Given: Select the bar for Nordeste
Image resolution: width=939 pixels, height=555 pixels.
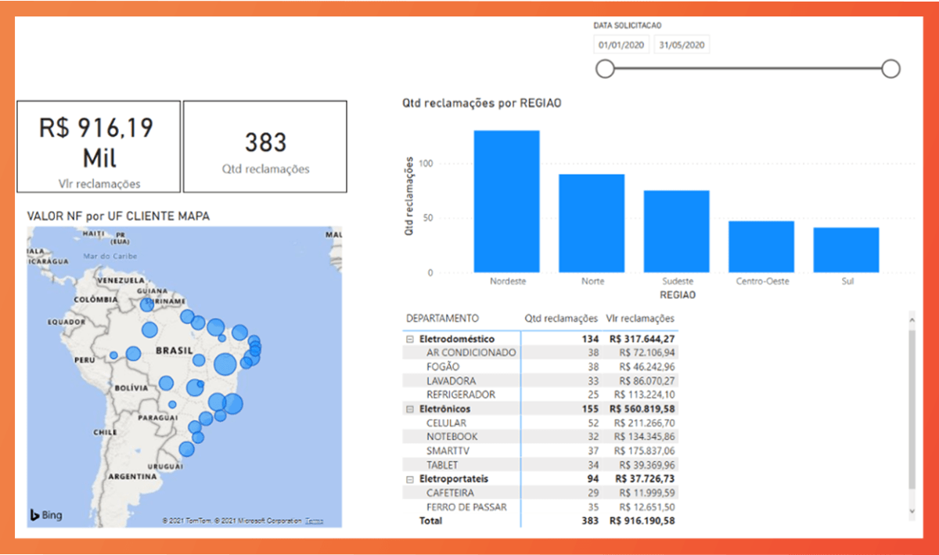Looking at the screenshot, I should tap(506, 201).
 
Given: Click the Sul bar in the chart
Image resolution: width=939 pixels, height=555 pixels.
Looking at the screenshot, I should tap(846, 250).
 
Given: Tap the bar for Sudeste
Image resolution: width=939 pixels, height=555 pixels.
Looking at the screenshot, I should tap(676, 231).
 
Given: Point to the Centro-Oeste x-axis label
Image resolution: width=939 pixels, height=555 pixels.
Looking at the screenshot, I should tap(761, 281).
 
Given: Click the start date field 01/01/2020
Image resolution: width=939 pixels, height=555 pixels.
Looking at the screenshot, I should tap(621, 45).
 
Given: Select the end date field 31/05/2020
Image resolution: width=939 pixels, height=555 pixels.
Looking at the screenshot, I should tap(682, 45).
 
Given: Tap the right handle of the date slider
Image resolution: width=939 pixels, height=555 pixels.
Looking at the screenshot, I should tap(890, 69).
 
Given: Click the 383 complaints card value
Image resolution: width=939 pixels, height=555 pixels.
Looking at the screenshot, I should tap(265, 142).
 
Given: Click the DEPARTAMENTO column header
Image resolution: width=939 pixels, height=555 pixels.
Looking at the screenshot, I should tap(442, 319).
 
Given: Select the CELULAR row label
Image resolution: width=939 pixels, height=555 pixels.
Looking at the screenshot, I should tap(446, 423).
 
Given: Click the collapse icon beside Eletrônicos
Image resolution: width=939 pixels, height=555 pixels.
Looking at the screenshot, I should tap(409, 409).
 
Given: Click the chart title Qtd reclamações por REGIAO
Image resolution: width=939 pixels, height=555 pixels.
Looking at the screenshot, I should tap(481, 103).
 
